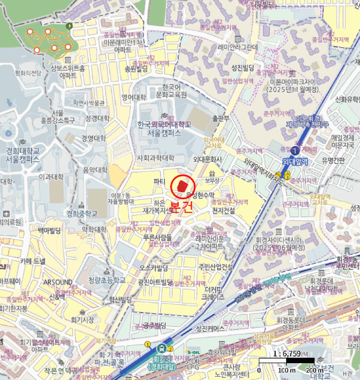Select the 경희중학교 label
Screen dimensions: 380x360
[81, 213]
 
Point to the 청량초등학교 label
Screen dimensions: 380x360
[107, 280]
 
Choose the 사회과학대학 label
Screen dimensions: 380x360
[155, 158]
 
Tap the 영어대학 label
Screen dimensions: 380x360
[134, 98]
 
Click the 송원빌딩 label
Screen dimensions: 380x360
[136, 69]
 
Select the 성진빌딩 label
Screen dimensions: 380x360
[243, 67]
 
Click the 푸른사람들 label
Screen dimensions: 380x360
[157, 237]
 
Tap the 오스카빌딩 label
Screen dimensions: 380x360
[154, 268]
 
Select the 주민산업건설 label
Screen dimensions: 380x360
[216, 267]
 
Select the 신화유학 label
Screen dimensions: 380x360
[347, 99]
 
